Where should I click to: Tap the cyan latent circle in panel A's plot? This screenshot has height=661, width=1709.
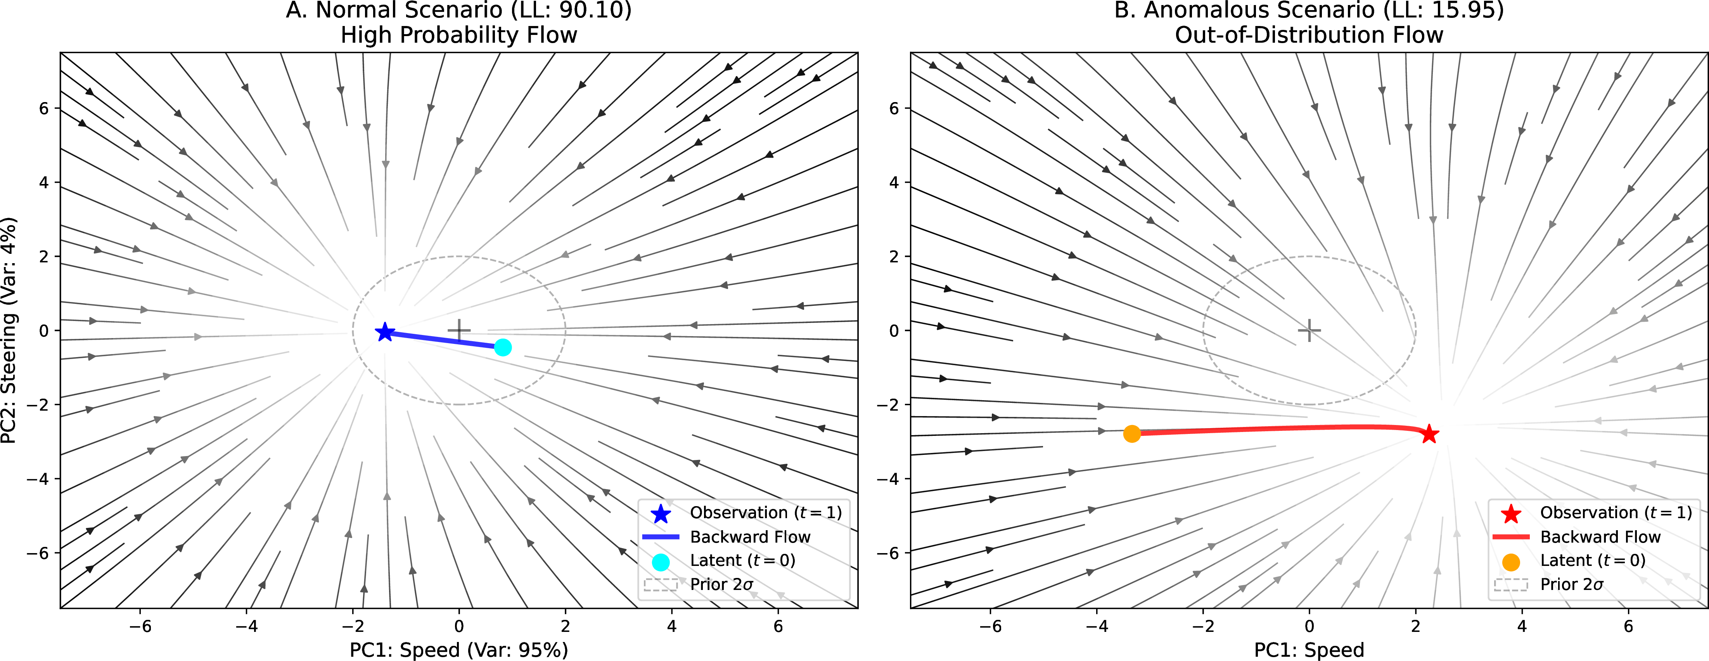click(503, 347)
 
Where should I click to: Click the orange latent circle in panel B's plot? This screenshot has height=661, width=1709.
click(1132, 434)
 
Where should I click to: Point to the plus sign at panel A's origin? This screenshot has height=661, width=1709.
click(458, 330)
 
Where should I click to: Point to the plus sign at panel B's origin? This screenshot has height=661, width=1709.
click(1309, 330)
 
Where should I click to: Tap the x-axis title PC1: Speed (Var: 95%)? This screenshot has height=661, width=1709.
click(458, 650)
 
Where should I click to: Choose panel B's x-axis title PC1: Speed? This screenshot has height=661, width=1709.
click(1309, 650)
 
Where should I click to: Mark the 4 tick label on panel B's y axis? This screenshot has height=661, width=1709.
click(894, 182)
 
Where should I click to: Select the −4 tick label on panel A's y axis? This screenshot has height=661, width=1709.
click(38, 479)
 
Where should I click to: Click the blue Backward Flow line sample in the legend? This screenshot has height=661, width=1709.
click(661, 536)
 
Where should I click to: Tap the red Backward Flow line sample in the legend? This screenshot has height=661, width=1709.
click(1511, 536)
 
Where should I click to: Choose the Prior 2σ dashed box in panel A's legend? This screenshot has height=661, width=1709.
click(661, 585)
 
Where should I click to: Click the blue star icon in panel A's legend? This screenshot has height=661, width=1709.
click(661, 513)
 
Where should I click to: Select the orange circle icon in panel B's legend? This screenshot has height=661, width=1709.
click(1511, 562)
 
